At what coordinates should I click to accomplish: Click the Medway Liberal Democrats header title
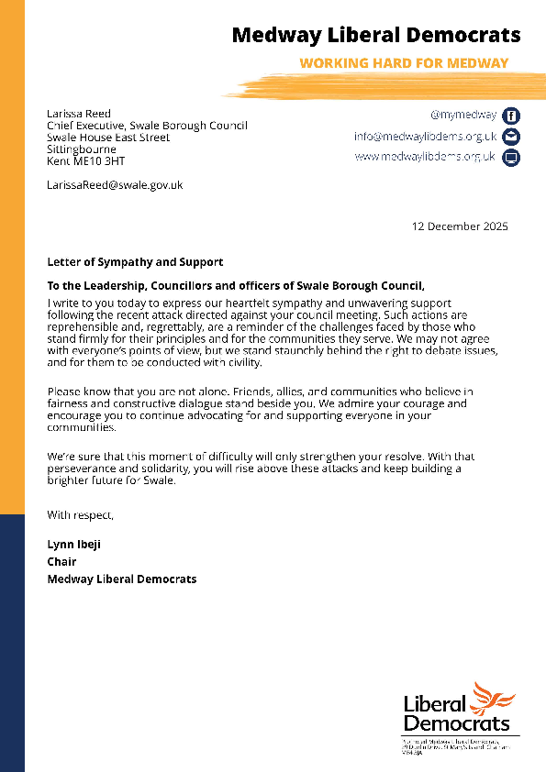375,36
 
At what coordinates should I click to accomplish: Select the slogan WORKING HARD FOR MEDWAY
404,64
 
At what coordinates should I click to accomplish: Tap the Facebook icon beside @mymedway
512,116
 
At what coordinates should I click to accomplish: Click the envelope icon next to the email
512,137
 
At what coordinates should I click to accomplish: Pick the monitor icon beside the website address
512,158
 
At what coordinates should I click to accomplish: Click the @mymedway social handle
462,116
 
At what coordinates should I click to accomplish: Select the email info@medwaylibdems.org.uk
425,137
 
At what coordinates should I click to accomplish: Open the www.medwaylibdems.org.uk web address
425,157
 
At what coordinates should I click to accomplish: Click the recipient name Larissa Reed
79,115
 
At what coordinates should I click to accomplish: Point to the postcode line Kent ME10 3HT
87,160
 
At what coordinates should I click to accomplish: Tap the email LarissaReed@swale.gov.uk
115,185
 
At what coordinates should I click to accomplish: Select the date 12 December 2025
459,226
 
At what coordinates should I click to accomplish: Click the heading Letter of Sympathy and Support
135,263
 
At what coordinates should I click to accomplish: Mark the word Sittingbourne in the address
82,149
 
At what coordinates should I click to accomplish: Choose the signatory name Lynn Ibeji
73,545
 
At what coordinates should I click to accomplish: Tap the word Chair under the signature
61,562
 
